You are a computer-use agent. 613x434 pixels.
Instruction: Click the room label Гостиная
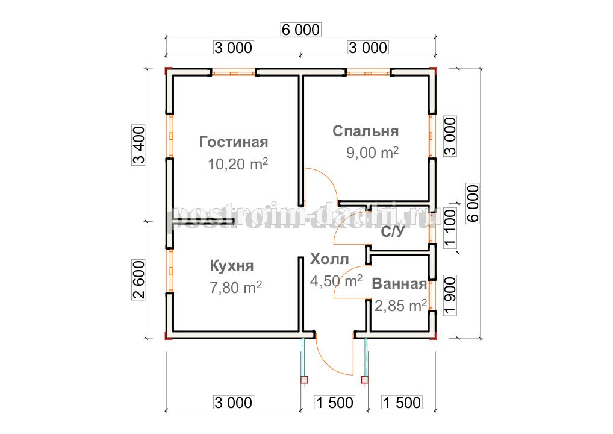(x=234, y=142)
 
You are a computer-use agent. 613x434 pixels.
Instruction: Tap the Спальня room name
(x=366, y=131)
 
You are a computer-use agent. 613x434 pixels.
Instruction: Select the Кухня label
(x=232, y=266)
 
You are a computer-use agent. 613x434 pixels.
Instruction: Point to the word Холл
(x=329, y=259)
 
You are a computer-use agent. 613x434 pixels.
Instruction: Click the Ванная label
(x=399, y=284)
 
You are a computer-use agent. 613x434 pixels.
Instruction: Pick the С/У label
(x=393, y=232)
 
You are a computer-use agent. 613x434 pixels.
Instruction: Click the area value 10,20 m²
(x=238, y=164)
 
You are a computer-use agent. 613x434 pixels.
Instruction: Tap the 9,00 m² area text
(x=372, y=153)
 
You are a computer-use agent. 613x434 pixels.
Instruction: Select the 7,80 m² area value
(x=235, y=288)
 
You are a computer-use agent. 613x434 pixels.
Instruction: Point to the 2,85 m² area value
(x=400, y=306)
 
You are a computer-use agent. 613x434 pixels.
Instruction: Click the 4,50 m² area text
(x=336, y=281)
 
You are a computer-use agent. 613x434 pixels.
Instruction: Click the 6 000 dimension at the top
(x=300, y=30)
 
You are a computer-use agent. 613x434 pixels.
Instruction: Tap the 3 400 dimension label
(x=138, y=145)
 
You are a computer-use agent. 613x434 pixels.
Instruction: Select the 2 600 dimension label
(x=138, y=280)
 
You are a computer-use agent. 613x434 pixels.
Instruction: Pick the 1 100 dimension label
(x=450, y=228)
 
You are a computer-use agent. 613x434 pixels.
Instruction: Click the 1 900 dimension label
(x=450, y=295)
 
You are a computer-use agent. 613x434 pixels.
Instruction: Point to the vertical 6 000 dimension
(x=473, y=204)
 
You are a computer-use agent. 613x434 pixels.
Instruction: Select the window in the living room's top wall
(x=234, y=72)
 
